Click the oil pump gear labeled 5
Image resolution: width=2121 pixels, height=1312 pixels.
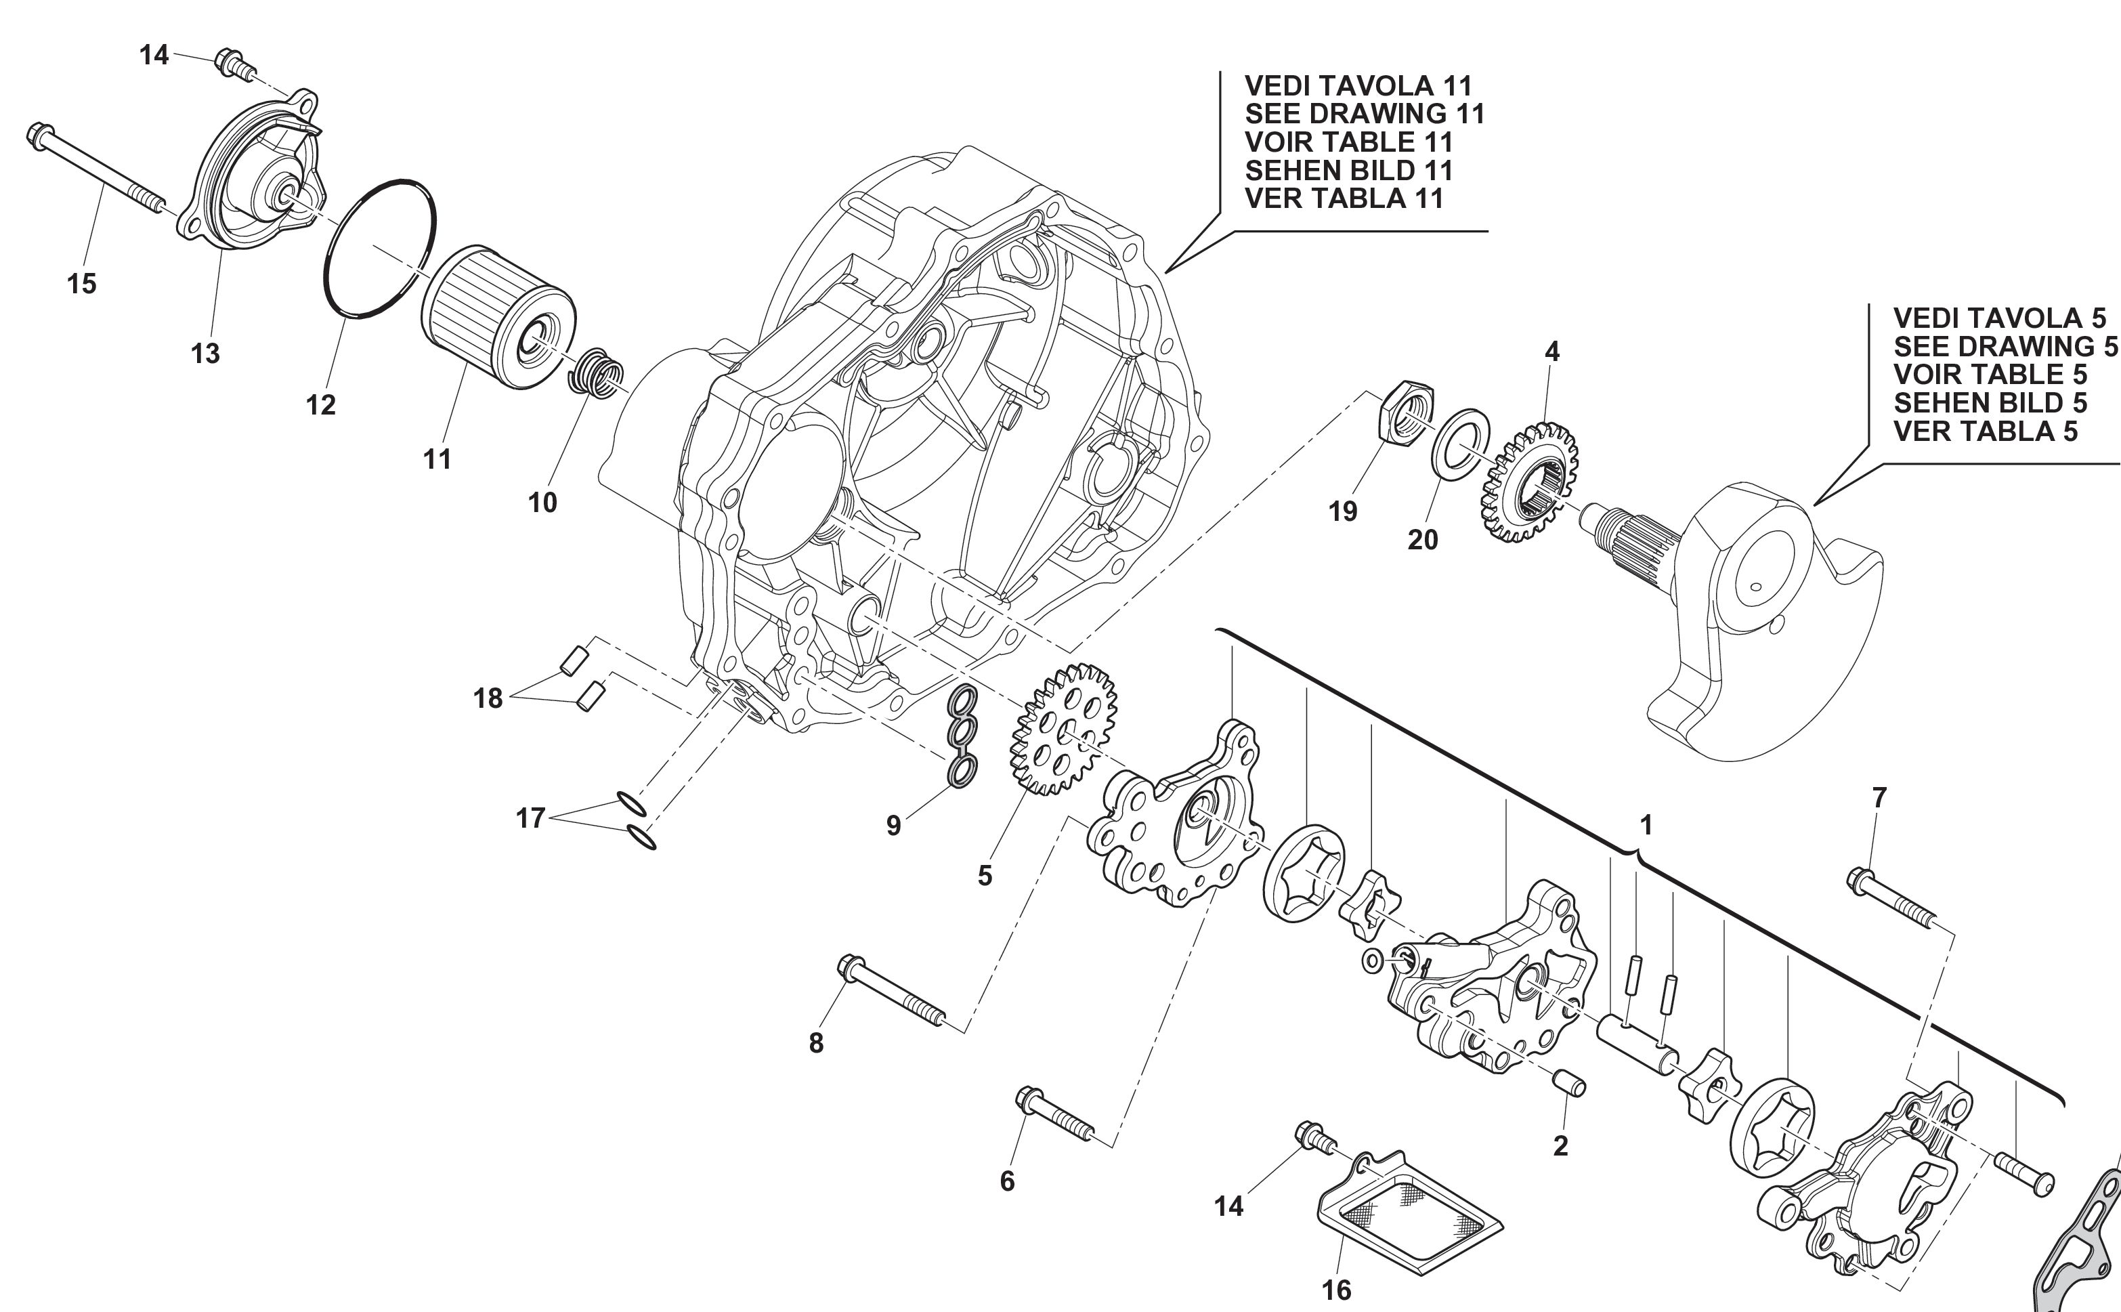point(1063,729)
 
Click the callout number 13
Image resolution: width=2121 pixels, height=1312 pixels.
point(206,354)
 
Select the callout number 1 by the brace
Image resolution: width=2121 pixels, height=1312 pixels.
point(1646,824)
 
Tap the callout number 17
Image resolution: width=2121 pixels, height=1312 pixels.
point(530,818)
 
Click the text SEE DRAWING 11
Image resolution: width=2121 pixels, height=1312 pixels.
point(1365,114)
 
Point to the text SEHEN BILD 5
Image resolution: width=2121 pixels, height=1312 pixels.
point(1990,402)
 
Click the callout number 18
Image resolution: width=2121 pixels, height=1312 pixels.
point(488,698)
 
